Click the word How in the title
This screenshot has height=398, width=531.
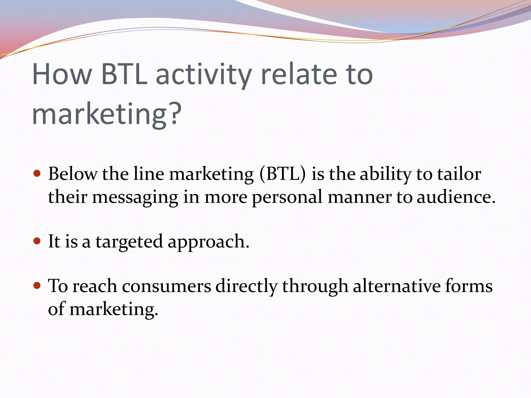62,74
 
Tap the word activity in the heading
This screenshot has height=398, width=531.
204,75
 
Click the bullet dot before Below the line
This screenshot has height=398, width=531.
37,173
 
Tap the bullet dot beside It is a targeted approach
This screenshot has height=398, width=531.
37,241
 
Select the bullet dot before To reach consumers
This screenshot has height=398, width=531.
37,286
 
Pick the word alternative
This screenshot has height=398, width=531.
397,286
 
